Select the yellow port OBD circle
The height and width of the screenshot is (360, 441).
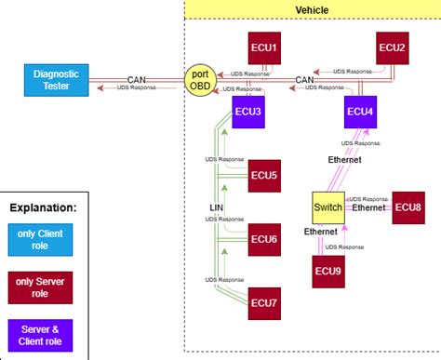point(199,79)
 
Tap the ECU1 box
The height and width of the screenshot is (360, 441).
point(266,47)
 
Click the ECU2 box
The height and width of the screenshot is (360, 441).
point(392,47)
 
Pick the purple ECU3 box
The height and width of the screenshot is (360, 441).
point(248,112)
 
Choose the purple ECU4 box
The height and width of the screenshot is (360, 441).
point(360,112)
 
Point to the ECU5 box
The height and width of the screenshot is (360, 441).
point(266,175)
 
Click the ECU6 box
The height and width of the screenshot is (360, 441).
point(266,239)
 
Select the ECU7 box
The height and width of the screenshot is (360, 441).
point(266,301)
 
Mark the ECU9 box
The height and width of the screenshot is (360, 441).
point(327,270)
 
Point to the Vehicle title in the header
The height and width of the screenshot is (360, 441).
point(311,9)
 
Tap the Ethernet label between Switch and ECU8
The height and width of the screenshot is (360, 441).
point(367,209)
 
